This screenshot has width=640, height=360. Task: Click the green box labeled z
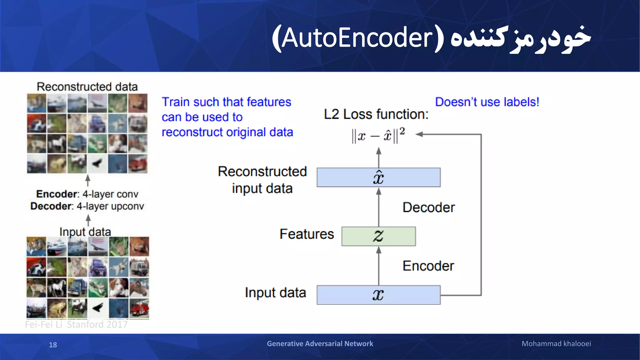(x=378, y=236)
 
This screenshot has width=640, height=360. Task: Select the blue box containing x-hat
(x=378, y=177)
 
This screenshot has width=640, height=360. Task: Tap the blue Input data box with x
(x=378, y=295)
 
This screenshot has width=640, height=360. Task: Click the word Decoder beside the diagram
(x=428, y=207)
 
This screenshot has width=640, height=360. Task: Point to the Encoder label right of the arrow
(x=428, y=266)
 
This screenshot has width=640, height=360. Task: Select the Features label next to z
(x=307, y=234)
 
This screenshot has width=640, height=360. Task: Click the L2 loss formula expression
(x=378, y=136)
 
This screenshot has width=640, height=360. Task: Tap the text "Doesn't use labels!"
(x=487, y=102)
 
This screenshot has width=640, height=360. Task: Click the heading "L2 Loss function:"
(x=376, y=114)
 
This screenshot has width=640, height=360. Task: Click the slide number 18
(x=53, y=345)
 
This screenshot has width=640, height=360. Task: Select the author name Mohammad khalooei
(x=556, y=344)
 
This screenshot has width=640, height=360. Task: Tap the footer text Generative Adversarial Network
(x=320, y=344)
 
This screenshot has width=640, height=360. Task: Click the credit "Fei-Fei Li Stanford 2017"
(x=76, y=324)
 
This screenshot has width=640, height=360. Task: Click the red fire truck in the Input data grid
(x=139, y=308)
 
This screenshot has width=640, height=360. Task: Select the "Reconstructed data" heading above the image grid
(x=87, y=87)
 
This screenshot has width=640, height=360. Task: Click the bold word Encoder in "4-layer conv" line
(x=57, y=194)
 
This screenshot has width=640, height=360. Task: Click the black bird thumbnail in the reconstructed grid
(x=97, y=163)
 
